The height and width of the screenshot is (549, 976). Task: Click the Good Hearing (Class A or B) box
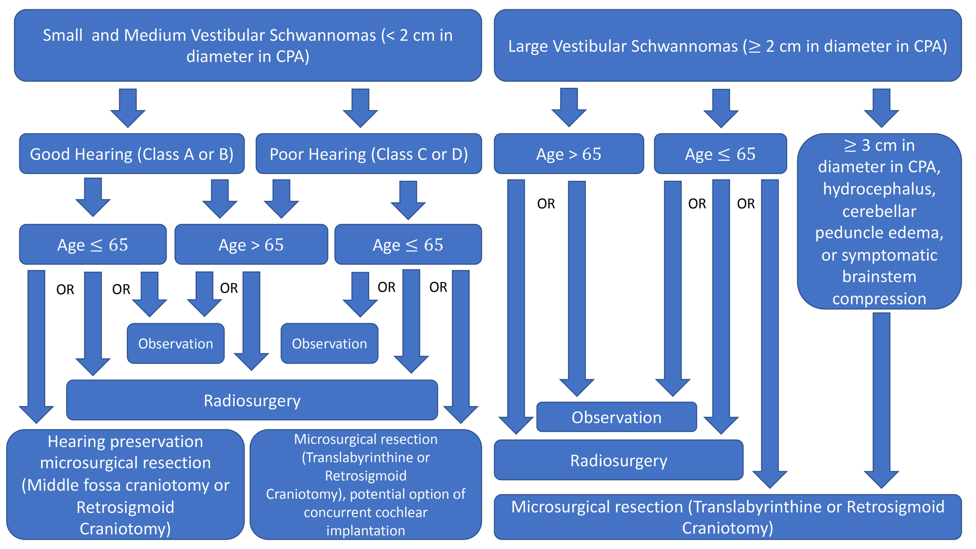click(x=132, y=154)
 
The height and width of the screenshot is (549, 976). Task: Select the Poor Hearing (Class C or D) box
click(x=369, y=154)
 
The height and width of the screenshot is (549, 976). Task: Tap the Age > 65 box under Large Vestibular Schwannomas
click(x=568, y=154)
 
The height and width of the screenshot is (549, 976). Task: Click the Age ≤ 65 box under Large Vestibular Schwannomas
click(x=720, y=154)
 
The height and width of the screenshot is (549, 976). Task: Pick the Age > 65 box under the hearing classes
click(x=251, y=245)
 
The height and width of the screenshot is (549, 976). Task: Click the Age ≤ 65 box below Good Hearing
click(x=93, y=245)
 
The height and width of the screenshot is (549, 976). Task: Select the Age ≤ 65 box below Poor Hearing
click(x=408, y=245)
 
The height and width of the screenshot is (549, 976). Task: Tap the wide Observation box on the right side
click(x=616, y=417)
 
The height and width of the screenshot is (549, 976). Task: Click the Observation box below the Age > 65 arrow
click(x=175, y=344)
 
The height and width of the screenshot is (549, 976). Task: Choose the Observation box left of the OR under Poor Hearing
click(x=329, y=344)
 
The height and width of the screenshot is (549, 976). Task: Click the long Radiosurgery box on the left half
click(x=252, y=401)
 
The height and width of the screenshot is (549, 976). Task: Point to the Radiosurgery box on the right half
click(x=618, y=461)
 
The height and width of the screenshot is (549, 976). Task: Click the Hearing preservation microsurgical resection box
click(x=125, y=485)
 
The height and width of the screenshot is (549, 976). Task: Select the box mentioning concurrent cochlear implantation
click(x=365, y=485)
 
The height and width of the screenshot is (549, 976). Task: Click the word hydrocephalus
click(x=879, y=189)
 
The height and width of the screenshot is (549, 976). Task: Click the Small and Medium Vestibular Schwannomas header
click(x=248, y=46)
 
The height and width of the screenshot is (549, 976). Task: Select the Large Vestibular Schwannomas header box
click(x=727, y=46)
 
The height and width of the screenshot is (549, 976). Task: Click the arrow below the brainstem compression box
click(x=881, y=396)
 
